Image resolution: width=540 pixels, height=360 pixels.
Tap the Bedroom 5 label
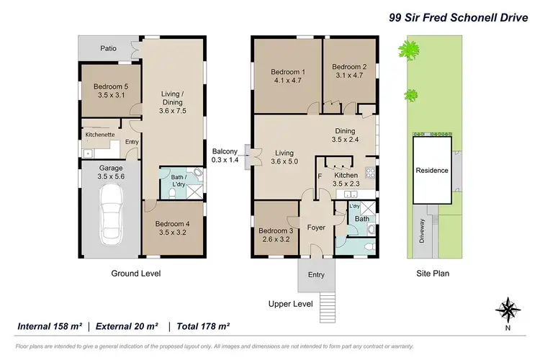pyautogui.click(x=109, y=86)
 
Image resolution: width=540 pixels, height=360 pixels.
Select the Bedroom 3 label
pyautogui.click(x=276, y=230)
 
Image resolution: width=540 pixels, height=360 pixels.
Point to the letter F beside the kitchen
pyautogui.click(x=320, y=175)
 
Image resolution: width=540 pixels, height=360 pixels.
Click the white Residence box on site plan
pyautogui.click(x=431, y=171)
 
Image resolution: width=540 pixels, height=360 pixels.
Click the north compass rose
pyautogui.click(x=508, y=310)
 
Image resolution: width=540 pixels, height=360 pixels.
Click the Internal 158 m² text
pyautogui.click(x=49, y=326)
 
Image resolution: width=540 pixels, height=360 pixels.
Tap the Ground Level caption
pyautogui.click(x=135, y=274)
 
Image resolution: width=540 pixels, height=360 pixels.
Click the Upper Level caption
pyautogui.click(x=290, y=304)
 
